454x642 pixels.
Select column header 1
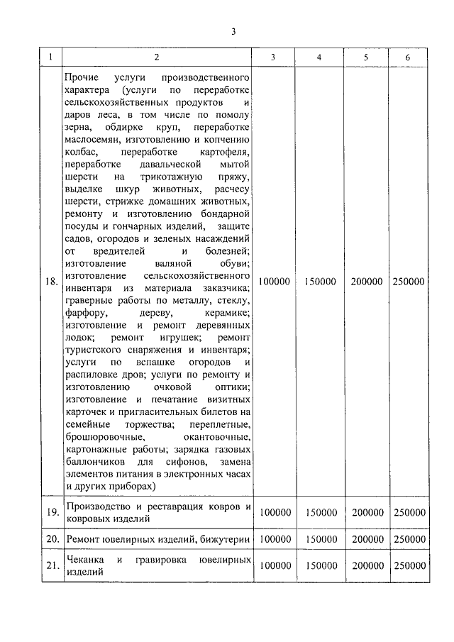click(x=51, y=57)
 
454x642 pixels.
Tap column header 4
click(x=319, y=57)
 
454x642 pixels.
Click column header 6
click(x=408, y=57)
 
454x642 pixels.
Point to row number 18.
click(x=51, y=282)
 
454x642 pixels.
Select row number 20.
click(x=51, y=540)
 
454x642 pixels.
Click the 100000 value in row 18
click(x=274, y=282)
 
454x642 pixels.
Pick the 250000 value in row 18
click(x=408, y=282)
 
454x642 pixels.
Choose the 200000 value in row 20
click(x=366, y=540)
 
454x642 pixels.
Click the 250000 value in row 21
click(x=408, y=566)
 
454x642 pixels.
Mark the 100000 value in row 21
click(x=274, y=566)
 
